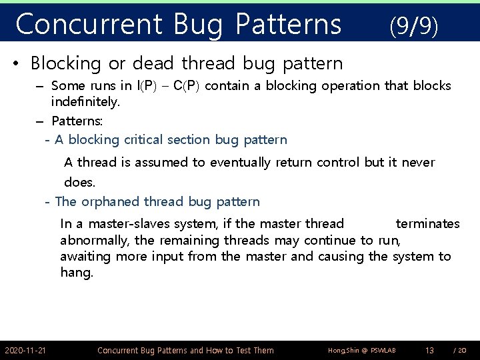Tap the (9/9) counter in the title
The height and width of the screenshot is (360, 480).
tap(413, 26)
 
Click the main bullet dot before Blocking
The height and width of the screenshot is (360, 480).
tap(17, 64)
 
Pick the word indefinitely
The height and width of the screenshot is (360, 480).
tap(85, 103)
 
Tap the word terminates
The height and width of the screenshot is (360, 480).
tap(427, 223)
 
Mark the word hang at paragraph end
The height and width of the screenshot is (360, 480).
tap(75, 273)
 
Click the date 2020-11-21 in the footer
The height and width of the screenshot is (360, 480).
tap(25, 350)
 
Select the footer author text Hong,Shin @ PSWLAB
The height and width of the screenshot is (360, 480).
tap(353, 350)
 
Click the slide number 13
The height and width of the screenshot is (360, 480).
tap(429, 350)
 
